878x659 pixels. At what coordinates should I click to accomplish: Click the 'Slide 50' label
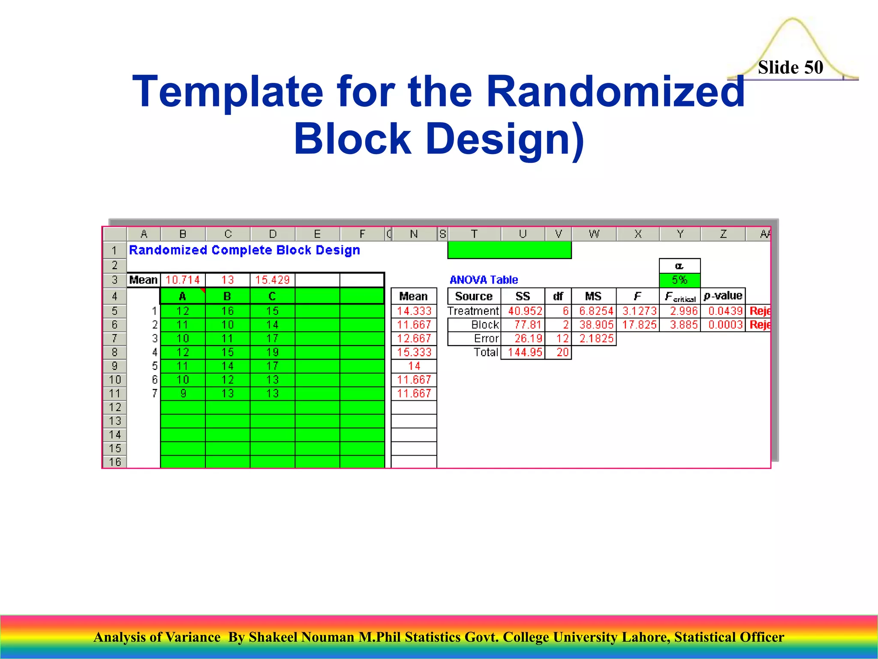pos(790,67)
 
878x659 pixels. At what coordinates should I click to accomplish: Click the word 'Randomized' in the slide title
pos(616,91)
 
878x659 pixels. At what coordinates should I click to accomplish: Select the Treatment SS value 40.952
pos(525,311)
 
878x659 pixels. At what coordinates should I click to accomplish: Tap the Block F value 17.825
pos(639,325)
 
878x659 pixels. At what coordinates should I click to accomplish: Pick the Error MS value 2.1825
pos(596,339)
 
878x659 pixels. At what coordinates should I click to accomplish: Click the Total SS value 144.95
pos(525,352)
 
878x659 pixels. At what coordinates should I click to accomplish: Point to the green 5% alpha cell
pos(680,280)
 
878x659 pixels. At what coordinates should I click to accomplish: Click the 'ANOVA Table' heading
pos(484,280)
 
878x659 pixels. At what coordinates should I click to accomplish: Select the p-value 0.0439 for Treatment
pos(725,311)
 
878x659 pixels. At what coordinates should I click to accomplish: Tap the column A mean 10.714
pos(183,280)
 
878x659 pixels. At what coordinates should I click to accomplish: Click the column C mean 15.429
pos(272,280)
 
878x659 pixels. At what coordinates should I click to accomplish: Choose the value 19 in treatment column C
pos(272,352)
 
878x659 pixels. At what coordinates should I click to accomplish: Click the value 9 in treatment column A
pos(183,393)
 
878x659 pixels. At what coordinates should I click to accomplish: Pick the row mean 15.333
pos(414,352)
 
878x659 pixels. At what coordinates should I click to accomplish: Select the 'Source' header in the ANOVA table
pos(474,296)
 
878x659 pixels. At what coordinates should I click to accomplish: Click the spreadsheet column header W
pos(594,234)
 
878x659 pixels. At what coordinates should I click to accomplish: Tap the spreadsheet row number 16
pos(115,462)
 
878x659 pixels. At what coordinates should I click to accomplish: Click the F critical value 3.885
pos(683,325)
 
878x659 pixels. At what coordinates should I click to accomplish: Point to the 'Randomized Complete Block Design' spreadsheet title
pos(244,250)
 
